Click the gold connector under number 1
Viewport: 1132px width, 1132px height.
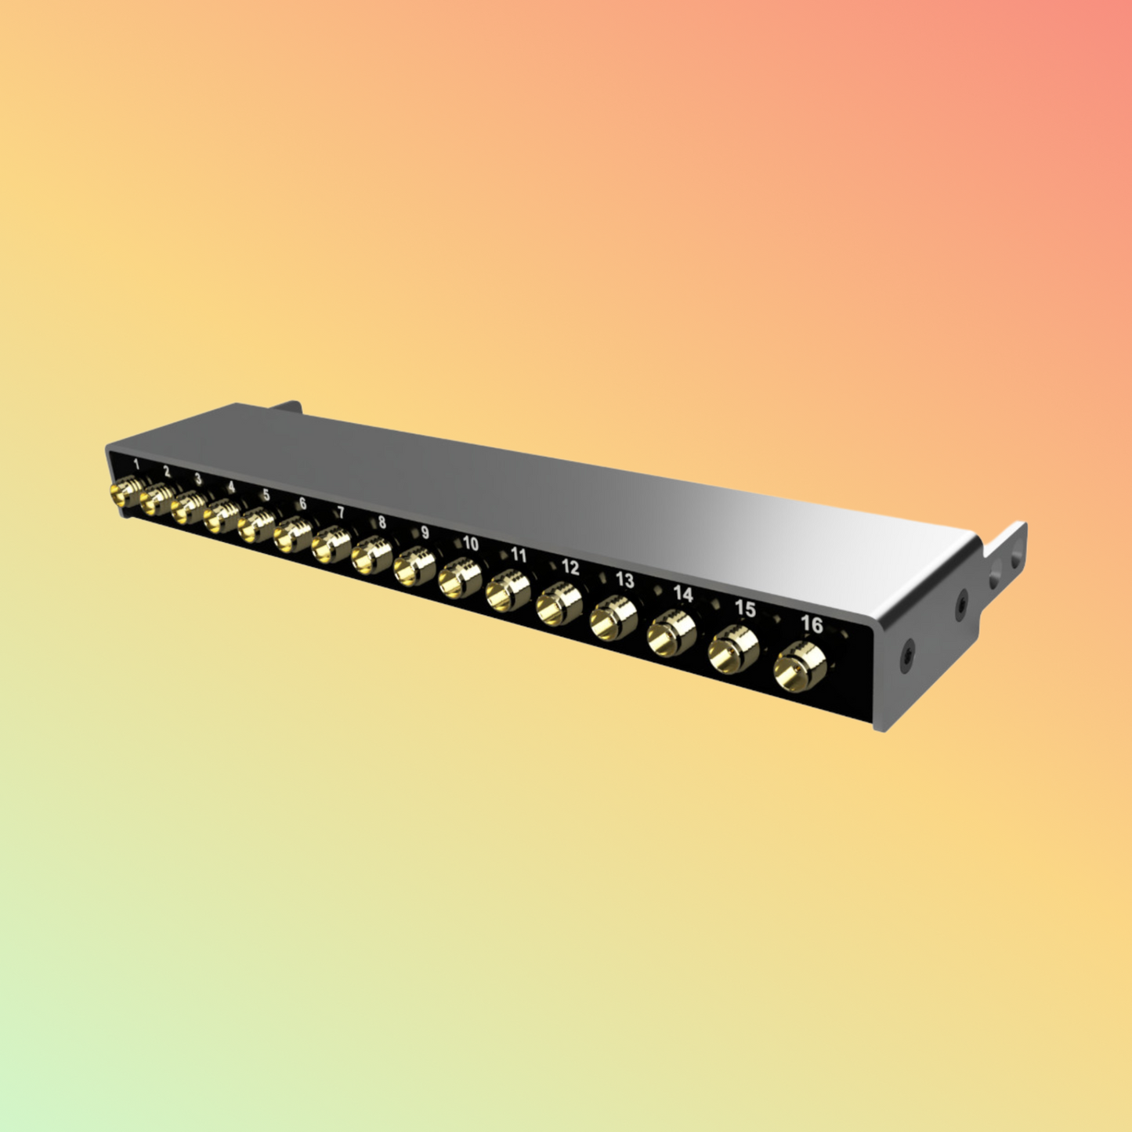(x=124, y=494)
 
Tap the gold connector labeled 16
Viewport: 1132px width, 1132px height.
(x=799, y=667)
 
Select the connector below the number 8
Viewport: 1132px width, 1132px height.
(x=370, y=557)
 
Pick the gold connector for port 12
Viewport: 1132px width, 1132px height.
(x=559, y=606)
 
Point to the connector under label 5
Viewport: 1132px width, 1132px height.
(x=256, y=526)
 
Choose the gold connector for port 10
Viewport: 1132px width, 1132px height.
(x=458, y=580)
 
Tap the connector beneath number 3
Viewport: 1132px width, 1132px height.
(x=188, y=508)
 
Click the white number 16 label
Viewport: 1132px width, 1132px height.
(x=812, y=624)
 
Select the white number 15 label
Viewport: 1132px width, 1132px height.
(x=744, y=609)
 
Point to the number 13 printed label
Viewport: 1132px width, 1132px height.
(x=624, y=580)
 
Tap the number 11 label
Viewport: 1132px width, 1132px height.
(x=519, y=555)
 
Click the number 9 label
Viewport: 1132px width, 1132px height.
(x=425, y=533)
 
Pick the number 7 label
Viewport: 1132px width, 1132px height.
(x=340, y=512)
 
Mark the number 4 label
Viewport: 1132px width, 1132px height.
(x=230, y=486)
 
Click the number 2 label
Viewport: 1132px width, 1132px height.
(x=167, y=472)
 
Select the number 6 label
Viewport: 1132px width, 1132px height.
(x=302, y=504)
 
